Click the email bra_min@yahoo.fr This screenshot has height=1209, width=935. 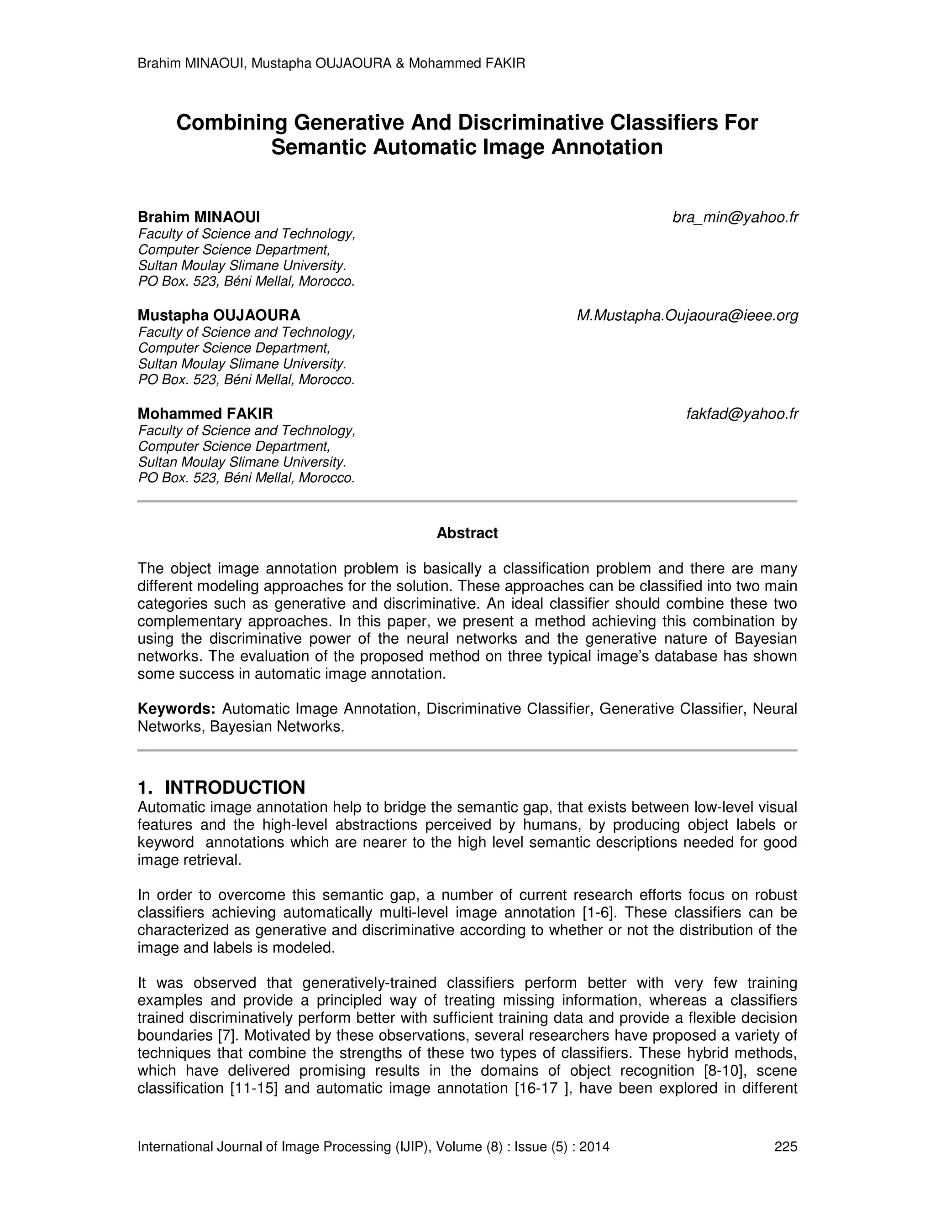pos(735,218)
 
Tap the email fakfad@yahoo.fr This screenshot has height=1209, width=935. pos(742,414)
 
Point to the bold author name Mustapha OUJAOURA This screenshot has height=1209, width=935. pos(219,316)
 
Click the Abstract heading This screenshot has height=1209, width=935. pos(467,533)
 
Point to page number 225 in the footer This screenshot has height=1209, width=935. pos(785,1146)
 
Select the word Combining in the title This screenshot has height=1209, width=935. pos(231,122)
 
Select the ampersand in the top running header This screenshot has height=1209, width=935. pos(400,64)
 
